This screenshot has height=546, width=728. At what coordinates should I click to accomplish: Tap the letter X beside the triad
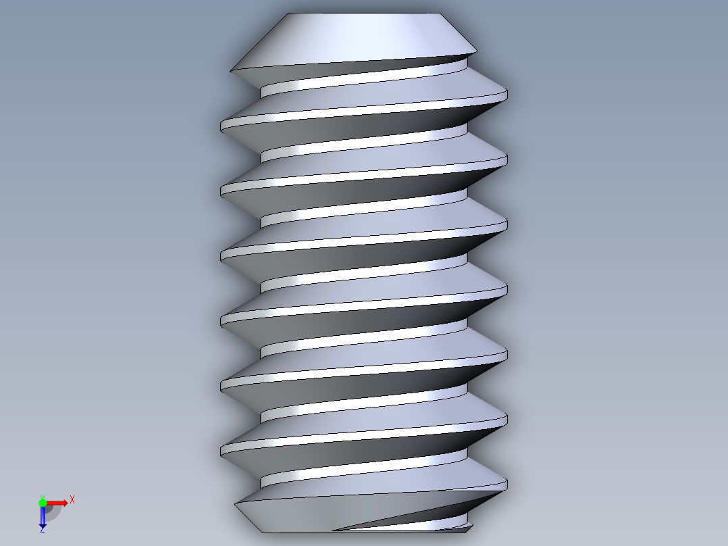[72, 500]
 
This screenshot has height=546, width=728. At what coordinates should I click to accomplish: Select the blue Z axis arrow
[43, 517]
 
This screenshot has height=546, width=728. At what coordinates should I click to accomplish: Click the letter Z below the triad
[42, 530]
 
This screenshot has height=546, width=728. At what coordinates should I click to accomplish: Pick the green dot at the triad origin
[43, 502]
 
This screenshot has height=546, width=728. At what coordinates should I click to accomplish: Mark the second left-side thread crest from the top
[222, 192]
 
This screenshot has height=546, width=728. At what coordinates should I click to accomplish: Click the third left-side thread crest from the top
[222, 256]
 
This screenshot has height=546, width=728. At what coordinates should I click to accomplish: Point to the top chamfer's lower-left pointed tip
[232, 70]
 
